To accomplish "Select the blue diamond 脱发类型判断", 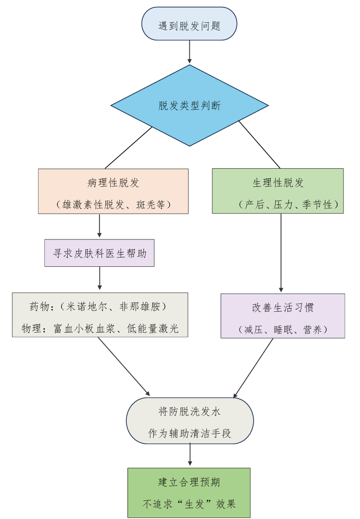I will (189, 105).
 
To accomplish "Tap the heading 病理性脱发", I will (113, 183).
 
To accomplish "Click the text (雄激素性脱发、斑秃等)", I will (113, 204).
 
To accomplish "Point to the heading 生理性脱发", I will (278, 183).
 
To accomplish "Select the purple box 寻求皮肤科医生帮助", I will (100, 253).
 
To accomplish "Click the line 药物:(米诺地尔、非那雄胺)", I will (98, 307).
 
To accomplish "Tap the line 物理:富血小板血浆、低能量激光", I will (100, 328).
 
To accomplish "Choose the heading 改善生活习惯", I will (282, 308).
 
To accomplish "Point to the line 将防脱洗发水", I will (190, 412).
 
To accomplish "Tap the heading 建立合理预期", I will (189, 482).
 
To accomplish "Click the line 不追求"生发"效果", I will (189, 504).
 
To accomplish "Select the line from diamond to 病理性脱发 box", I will (128, 147).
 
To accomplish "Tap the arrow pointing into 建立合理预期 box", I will (189, 456).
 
